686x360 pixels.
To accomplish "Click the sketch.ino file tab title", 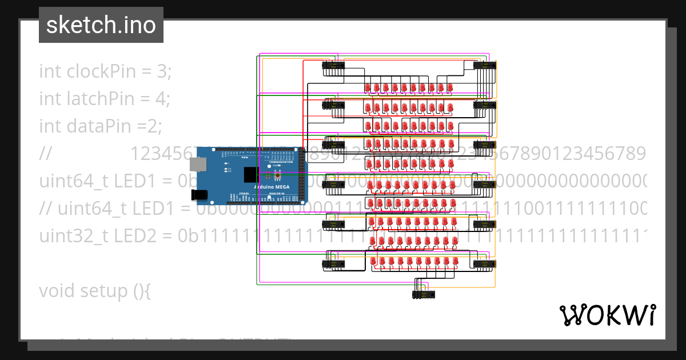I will coord(101,25).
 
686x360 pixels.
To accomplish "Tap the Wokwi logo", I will coord(607,315).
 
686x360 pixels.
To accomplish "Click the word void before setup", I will coord(57,291).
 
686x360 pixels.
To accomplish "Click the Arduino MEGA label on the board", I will coord(272,187).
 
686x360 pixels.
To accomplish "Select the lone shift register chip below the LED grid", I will coord(422,294).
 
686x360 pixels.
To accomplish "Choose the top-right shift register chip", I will coord(484,65).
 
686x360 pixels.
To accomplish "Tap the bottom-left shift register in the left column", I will coord(333,263).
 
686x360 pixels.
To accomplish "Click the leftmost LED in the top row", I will coord(368,87).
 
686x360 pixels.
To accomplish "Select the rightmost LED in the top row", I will coord(450,87).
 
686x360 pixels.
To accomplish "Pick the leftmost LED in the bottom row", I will coord(374,262).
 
